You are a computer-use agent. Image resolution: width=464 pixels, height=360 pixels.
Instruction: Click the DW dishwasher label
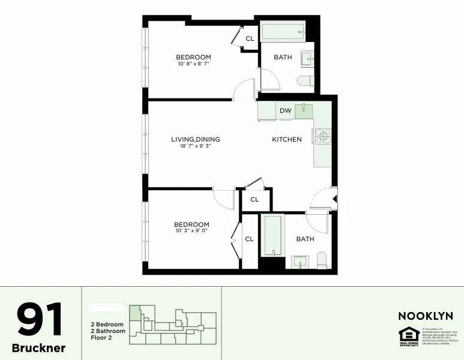point(286,110)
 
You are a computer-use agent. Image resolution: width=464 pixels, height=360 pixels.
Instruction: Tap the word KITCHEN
point(287,139)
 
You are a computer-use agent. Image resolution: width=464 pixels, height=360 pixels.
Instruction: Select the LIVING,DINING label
point(196,139)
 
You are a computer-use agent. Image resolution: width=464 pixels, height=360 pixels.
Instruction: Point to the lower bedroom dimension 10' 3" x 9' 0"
point(192,230)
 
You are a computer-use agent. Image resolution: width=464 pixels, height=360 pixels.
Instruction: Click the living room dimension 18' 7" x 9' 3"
point(196,146)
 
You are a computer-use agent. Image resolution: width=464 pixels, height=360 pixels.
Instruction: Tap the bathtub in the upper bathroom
point(283,32)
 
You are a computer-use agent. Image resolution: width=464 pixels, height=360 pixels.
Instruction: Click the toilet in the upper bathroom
point(306,81)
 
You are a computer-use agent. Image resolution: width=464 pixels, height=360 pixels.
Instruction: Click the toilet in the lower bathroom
point(321,260)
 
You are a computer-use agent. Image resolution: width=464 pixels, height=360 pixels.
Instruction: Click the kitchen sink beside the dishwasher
point(304,110)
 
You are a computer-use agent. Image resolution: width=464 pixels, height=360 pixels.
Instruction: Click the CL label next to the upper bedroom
point(250,39)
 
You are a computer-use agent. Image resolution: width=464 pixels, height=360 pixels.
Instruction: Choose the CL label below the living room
point(255,199)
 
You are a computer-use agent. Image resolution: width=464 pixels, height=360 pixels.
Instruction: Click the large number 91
point(40,320)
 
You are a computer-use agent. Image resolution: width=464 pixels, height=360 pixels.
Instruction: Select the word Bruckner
point(39,348)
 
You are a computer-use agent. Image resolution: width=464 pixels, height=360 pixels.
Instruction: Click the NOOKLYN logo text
point(426,316)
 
